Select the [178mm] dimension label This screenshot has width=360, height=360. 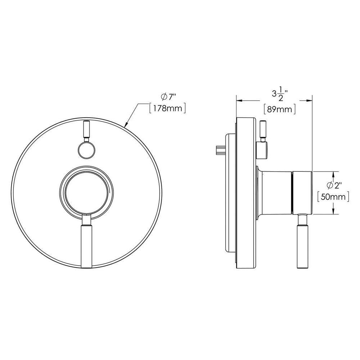point(168,108)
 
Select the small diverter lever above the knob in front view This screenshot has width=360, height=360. point(86,131)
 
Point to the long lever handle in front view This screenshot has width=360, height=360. point(86,245)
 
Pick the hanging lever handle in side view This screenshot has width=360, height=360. point(302,245)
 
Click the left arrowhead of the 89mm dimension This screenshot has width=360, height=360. point(238,101)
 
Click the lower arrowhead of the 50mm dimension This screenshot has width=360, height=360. point(334,212)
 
